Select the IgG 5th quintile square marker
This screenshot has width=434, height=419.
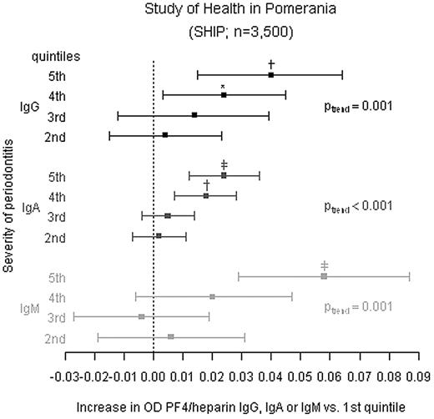(x=271, y=75)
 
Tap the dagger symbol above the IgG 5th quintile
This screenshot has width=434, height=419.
(x=271, y=64)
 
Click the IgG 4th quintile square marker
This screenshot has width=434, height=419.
(x=224, y=95)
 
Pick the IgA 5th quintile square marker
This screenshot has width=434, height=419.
(x=224, y=175)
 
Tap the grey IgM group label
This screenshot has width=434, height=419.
(x=29, y=308)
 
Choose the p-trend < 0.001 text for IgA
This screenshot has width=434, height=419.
(x=357, y=206)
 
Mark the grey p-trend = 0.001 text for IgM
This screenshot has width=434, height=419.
(x=357, y=306)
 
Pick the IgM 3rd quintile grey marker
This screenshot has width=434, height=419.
(x=142, y=317)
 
